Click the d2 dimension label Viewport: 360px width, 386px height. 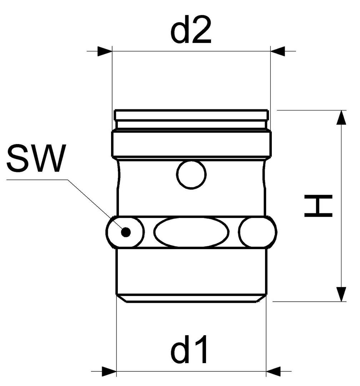[x=191, y=30]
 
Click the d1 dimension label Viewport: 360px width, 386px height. [x=189, y=349]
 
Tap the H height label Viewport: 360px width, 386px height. [x=319, y=206]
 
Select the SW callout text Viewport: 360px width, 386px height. [x=36, y=158]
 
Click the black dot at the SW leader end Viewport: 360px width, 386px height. [x=126, y=232]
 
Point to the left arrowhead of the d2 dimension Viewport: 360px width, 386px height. [x=105, y=51]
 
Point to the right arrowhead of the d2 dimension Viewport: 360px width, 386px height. [x=277, y=51]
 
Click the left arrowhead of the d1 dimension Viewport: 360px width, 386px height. [x=109, y=371]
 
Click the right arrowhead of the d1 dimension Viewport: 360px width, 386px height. [x=273, y=371]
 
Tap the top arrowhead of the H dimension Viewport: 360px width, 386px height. [x=341, y=118]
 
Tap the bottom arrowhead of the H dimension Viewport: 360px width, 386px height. [x=341, y=294]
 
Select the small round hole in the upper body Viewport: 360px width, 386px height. [x=191, y=174]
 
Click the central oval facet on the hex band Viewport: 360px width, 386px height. [x=191, y=232]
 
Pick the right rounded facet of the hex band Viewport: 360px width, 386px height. [x=257, y=232]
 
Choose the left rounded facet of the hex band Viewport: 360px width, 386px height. [x=125, y=232]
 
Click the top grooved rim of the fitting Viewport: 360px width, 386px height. [x=191, y=119]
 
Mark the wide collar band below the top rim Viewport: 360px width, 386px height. [x=191, y=144]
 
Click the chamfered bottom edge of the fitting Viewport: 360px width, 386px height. [x=191, y=298]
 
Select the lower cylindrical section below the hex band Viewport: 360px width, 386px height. [x=191, y=271]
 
